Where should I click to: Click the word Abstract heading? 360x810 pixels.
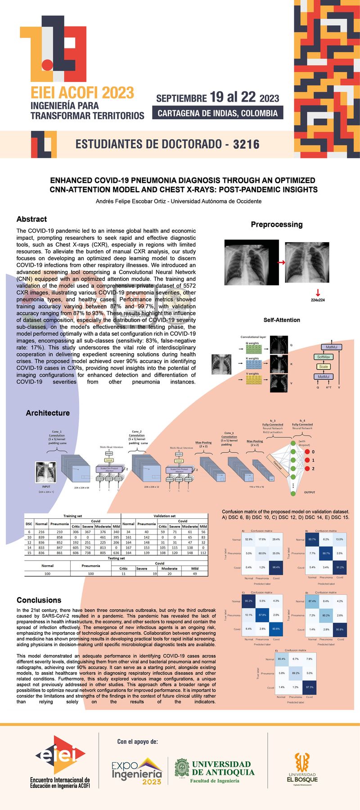coord(31,219)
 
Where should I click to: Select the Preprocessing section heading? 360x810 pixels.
coord(277,224)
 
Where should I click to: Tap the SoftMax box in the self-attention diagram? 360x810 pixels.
coord(324,357)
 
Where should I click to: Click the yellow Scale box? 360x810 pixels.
coord(324,367)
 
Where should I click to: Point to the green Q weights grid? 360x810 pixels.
coord(254,348)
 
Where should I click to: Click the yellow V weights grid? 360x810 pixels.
coord(254,381)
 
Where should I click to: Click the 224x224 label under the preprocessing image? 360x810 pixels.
coord(318,300)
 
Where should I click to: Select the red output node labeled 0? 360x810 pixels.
coord(307,452)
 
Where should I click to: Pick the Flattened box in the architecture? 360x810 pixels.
coord(277,464)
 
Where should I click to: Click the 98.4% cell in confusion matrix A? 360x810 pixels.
coord(276,567)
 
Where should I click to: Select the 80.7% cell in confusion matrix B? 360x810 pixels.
coord(312,539)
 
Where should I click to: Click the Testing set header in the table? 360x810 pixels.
coord(116,558)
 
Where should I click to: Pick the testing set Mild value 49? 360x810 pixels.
coord(194,574)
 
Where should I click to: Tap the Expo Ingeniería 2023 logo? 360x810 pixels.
coord(137,771)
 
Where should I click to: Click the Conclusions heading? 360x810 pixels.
coord(39,600)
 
